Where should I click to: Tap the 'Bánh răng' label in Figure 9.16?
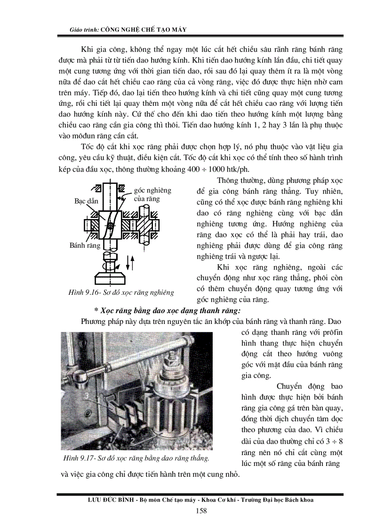click(85, 245)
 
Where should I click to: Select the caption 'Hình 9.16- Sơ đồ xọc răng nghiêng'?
click(121, 292)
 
